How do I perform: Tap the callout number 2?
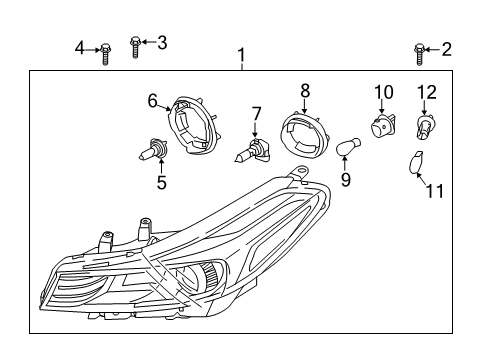(447, 48)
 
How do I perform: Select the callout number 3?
(162, 41)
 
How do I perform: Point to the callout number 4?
(80, 47)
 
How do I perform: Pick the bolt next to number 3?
(136, 46)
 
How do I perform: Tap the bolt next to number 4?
(104, 53)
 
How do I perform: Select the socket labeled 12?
(427, 129)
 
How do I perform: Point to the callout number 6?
(153, 99)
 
